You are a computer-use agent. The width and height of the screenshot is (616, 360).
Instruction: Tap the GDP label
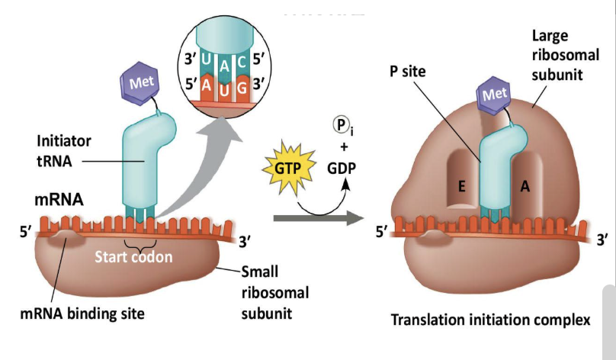pos(345,169)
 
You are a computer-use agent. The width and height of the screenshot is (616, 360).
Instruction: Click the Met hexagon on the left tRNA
pos(139,82)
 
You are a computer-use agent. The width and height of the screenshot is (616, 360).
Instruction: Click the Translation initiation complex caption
pos(490,320)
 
